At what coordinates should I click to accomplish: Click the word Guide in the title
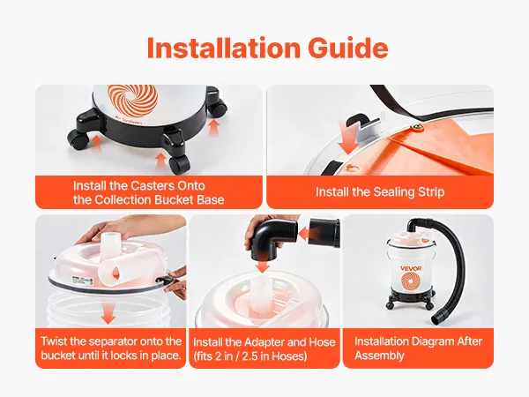pyautogui.click(x=348, y=48)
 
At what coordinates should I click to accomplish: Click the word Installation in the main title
pyautogui.click(x=223, y=48)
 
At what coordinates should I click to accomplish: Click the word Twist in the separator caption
pyautogui.click(x=55, y=341)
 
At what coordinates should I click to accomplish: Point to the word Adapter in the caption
pyautogui.click(x=264, y=342)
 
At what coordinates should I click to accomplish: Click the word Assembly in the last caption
pyautogui.click(x=379, y=356)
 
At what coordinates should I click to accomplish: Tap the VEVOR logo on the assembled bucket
pyautogui.click(x=411, y=268)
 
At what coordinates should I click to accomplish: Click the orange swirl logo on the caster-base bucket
pyautogui.click(x=132, y=99)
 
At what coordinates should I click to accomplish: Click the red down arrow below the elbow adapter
pyautogui.click(x=262, y=266)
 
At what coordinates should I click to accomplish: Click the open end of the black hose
pyautogui.click(x=438, y=318)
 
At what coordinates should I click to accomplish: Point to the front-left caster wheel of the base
pyautogui.click(x=78, y=139)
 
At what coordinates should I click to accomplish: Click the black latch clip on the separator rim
pyautogui.click(x=164, y=279)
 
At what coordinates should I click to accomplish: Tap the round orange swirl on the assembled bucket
pyautogui.click(x=411, y=282)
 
